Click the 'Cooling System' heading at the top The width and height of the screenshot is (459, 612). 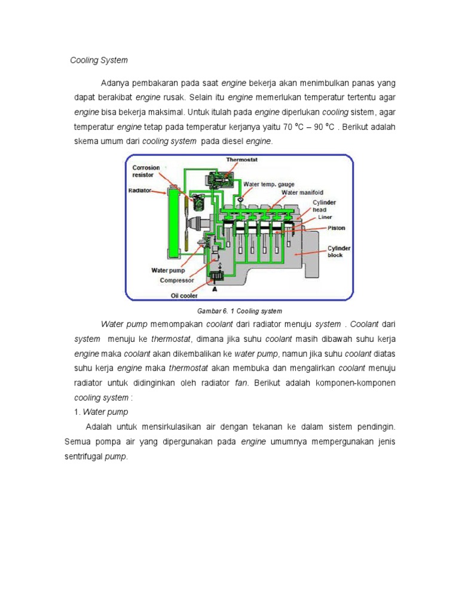pyautogui.click(x=99, y=60)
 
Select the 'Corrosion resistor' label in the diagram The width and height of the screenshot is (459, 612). pyautogui.click(x=146, y=172)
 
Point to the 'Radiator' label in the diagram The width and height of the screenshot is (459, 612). pyautogui.click(x=140, y=191)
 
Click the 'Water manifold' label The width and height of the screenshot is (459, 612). pyautogui.click(x=302, y=192)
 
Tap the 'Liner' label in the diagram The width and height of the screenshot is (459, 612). pyautogui.click(x=325, y=217)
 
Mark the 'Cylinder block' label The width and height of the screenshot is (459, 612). pyautogui.click(x=339, y=252)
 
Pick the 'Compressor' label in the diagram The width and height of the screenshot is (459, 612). pyautogui.click(x=176, y=280)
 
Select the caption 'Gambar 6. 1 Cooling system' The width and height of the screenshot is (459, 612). pyautogui.click(x=239, y=311)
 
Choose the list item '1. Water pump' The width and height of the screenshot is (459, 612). pyautogui.click(x=101, y=412)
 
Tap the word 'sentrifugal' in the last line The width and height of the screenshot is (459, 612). pyautogui.click(x=83, y=457)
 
